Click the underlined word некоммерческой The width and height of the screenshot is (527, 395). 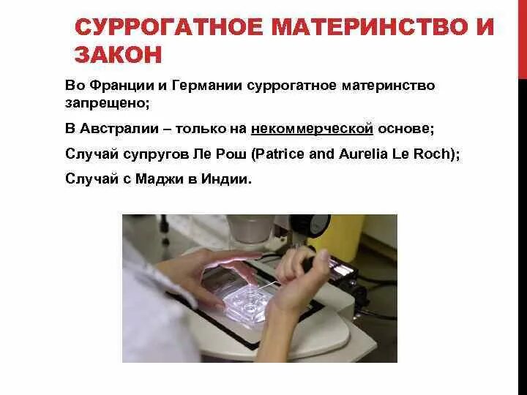313,129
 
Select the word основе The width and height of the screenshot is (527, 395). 406,129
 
